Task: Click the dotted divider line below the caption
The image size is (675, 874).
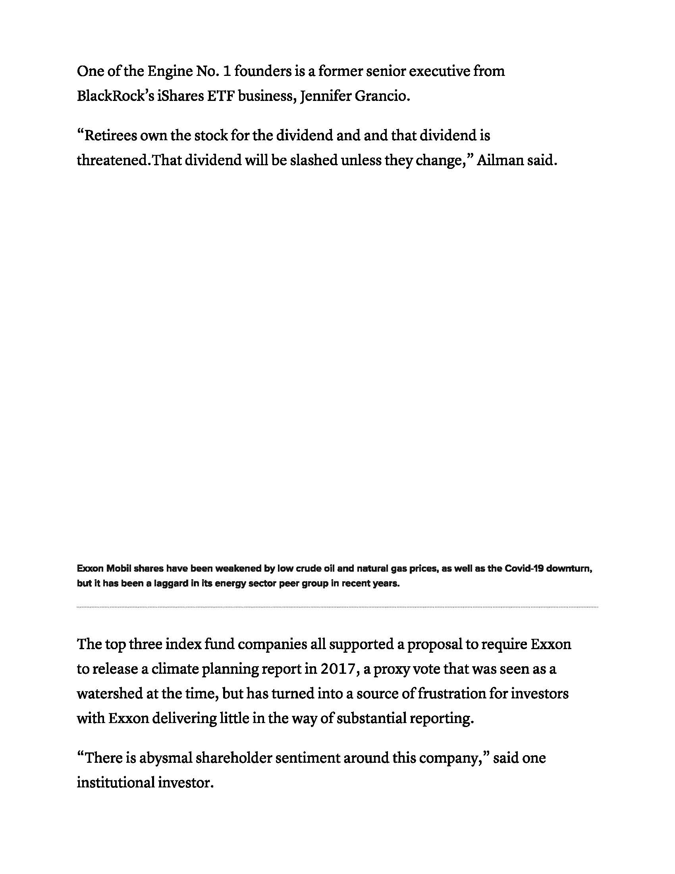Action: (x=337, y=607)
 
